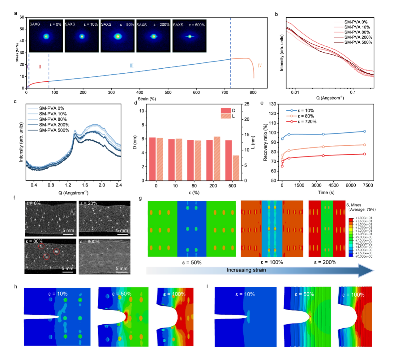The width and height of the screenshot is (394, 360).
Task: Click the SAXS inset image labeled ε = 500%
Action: pyautogui.click(x=189, y=36)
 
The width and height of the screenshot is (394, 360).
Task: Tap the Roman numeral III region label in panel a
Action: pyautogui.click(x=132, y=66)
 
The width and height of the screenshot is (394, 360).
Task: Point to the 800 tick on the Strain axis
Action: pyautogui.click(x=253, y=92)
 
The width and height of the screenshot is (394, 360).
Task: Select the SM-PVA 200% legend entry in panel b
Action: pyautogui.click(x=358, y=37)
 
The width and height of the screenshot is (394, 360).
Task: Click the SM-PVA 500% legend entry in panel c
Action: pyautogui.click(x=54, y=130)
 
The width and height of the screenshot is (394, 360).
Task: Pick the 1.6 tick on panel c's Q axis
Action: pyautogui.click(x=85, y=185)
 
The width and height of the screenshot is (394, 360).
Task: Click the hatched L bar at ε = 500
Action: pyautogui.click(x=236, y=168)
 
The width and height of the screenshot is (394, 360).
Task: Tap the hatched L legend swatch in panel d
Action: pyautogui.click(x=226, y=116)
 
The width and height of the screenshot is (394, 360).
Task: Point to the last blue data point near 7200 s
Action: pyautogui.click(x=365, y=131)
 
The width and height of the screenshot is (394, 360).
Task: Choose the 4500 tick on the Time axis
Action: pyautogui.click(x=333, y=185)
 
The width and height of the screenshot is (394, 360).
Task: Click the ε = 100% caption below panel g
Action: pyautogui.click(x=272, y=262)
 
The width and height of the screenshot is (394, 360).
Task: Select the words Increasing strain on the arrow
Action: pyautogui.click(x=246, y=270)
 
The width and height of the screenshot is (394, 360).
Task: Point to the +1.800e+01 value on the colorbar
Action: pyautogui.click(x=364, y=218)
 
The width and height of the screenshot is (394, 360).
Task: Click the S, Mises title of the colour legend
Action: pyautogui.click(x=353, y=205)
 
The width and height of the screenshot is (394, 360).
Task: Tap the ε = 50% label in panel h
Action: pyautogui.click(x=122, y=294)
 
